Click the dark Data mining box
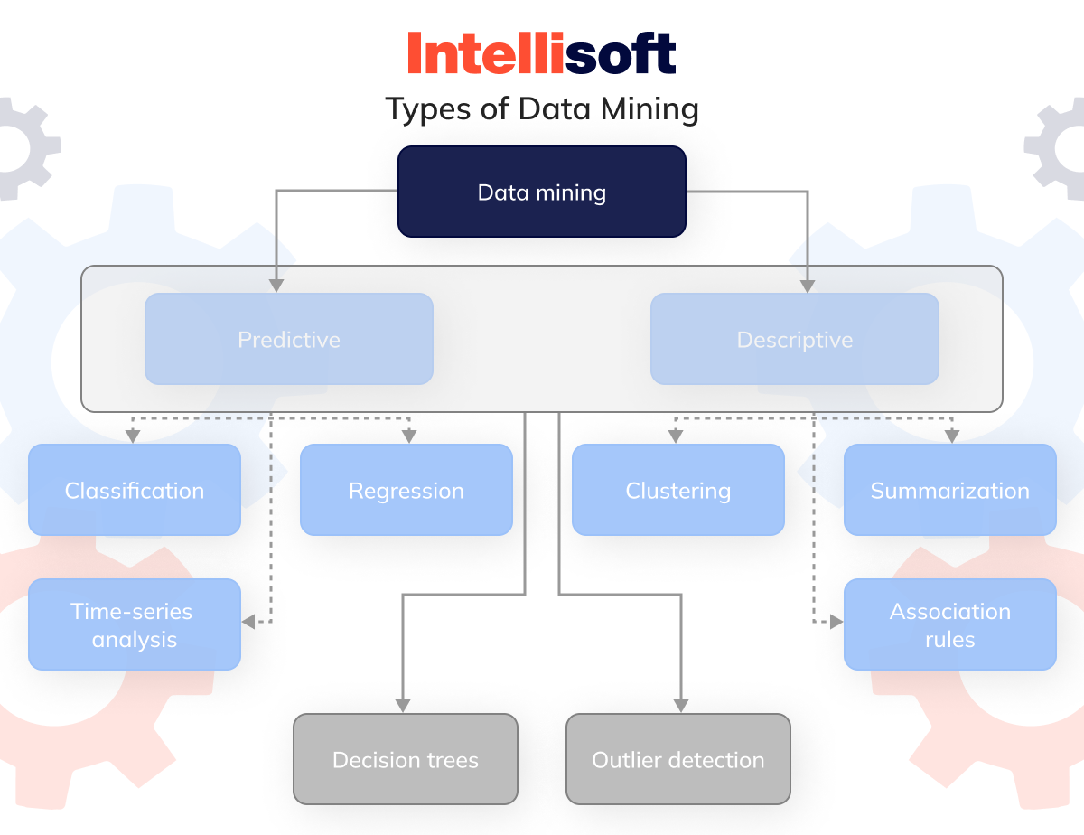pos(542,192)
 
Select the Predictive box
pos(289,339)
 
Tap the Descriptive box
pos(795,339)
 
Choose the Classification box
pos(135,490)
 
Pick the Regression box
pos(406,490)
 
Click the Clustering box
pos(677,490)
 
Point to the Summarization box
pos(949,490)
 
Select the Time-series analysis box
pos(135,624)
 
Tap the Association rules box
pos(949,624)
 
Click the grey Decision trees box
pos(406,759)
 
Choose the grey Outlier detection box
pos(677,759)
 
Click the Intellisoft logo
pos(542,53)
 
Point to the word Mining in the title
pos(649,109)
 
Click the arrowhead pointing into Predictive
pos(276,286)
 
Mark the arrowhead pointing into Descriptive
pos(808,286)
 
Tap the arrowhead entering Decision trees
pos(403,706)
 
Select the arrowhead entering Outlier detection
pos(681,706)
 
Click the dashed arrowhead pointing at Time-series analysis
pos(248,622)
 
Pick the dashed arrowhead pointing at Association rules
pos(836,622)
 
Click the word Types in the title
pos(428,109)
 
